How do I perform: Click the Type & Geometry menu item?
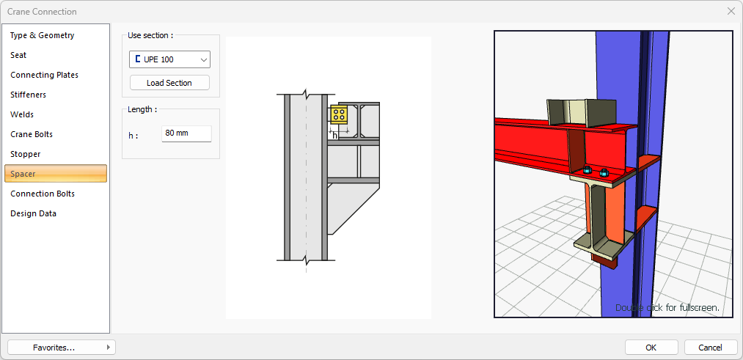(42, 35)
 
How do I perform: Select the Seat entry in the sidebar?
(18, 56)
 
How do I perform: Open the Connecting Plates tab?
(44, 76)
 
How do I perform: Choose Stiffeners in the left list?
(28, 95)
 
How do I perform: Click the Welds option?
(22, 114)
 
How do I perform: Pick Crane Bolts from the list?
(32, 134)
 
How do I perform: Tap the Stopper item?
(25, 155)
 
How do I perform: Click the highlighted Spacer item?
(56, 174)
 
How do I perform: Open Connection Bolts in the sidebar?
(42, 194)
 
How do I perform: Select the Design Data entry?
(33, 213)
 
